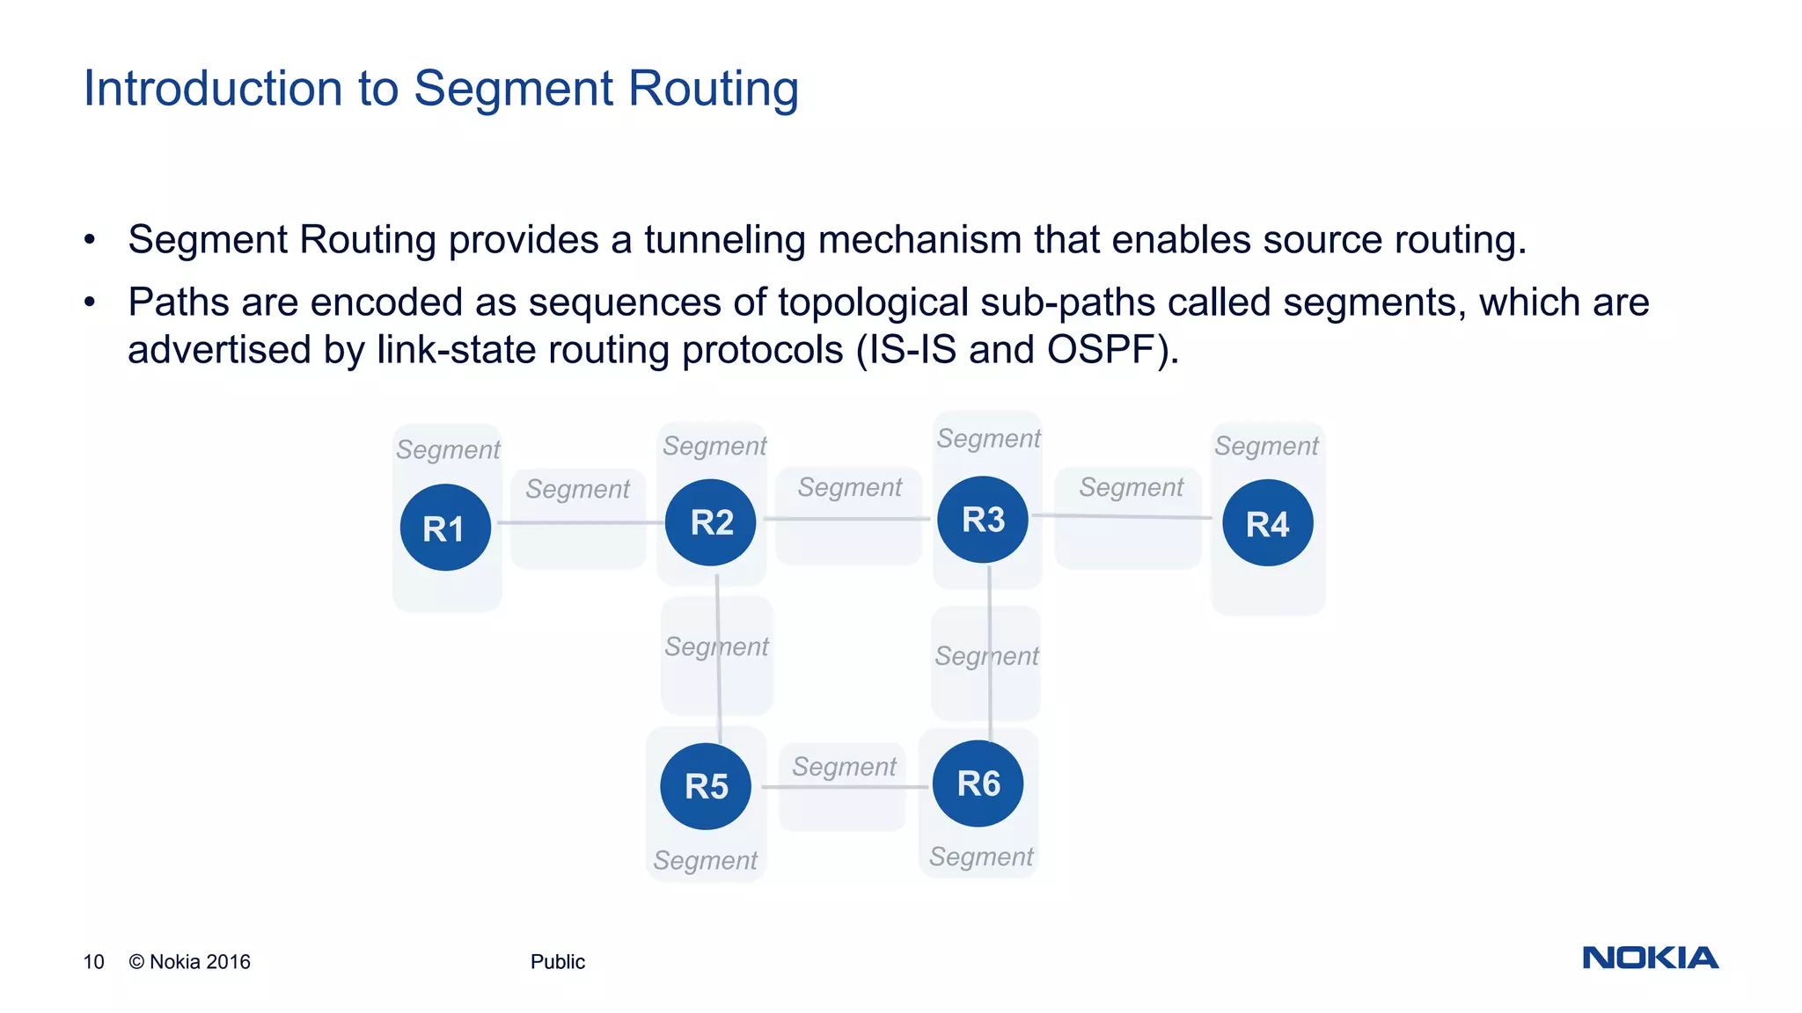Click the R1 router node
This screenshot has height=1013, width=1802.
tap(445, 528)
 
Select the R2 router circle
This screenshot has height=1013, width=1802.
tap(711, 522)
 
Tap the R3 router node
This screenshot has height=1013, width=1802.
tap(983, 519)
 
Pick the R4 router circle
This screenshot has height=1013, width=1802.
tap(1267, 523)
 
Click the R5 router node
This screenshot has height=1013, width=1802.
tap(706, 785)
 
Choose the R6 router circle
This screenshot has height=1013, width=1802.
tap(978, 783)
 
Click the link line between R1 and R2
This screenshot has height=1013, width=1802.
tap(581, 522)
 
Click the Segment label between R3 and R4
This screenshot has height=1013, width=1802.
tap(1131, 487)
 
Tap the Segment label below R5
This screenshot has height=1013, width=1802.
tap(705, 860)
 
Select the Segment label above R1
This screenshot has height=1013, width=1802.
tap(448, 449)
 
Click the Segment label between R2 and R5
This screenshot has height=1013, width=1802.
tap(716, 646)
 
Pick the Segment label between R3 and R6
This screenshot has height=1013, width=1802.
tap(986, 656)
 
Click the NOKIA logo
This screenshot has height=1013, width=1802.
tap(1650, 958)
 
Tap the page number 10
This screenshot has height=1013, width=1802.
tap(93, 962)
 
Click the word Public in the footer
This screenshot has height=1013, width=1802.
tap(557, 962)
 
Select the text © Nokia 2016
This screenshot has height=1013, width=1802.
tap(190, 962)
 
